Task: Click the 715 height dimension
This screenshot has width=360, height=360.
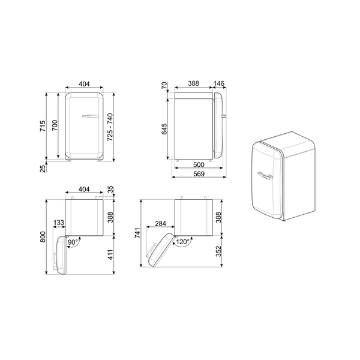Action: click(43, 126)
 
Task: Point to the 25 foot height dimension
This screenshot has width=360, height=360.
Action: click(43, 168)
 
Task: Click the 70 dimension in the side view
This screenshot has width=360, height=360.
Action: click(164, 88)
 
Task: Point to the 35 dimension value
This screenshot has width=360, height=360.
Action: click(112, 190)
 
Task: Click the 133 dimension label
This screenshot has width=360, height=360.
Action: click(59, 224)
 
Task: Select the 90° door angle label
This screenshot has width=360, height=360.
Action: click(73, 242)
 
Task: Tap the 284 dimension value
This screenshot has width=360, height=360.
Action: click(160, 224)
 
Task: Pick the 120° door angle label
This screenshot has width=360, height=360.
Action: click(182, 242)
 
